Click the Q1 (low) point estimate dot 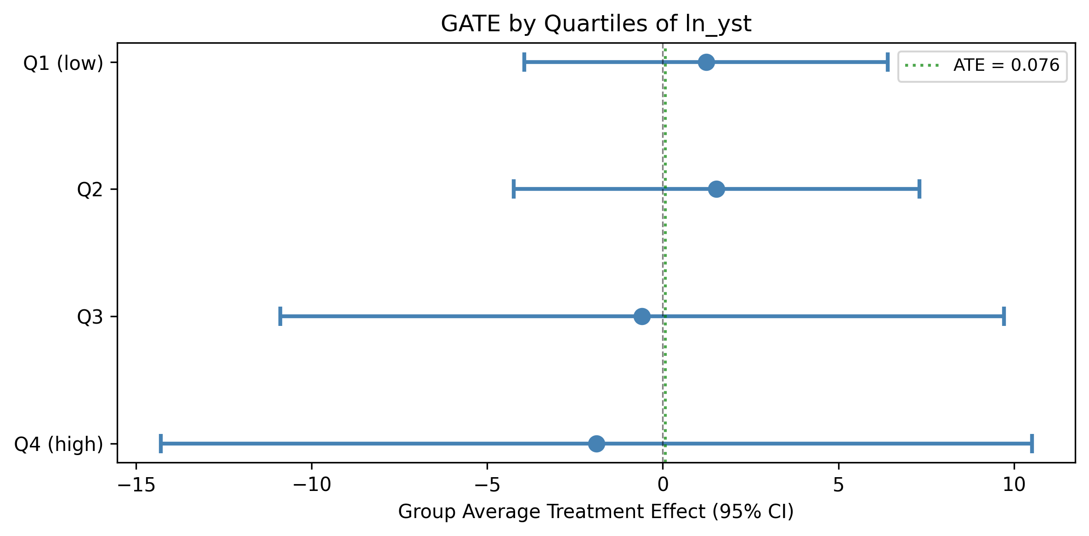706,62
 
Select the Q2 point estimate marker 716,189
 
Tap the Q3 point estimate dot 642,316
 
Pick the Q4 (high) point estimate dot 596,444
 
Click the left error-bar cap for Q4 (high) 161,444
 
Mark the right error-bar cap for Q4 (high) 1032,444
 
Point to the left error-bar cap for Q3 280,316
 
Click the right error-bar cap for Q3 1004,316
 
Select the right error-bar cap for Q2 919,189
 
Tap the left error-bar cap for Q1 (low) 524,62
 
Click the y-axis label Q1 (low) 63,63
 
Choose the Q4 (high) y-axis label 59,445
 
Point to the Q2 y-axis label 90,189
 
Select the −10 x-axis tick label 312,485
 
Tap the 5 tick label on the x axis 839,485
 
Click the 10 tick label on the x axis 1014,485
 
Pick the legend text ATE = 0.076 1006,65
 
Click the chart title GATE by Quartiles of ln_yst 596,23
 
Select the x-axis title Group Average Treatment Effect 596,512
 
